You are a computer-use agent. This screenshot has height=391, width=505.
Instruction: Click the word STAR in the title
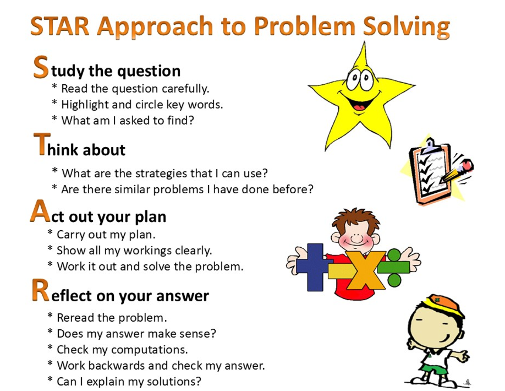pyautogui.click(x=60, y=26)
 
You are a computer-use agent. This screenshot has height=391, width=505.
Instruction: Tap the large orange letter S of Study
pyautogui.click(x=41, y=67)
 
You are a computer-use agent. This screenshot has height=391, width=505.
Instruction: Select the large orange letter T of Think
pyautogui.click(x=42, y=144)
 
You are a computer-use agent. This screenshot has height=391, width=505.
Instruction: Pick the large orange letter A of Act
pyautogui.click(x=40, y=211)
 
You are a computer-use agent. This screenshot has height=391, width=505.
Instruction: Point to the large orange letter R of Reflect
pyautogui.click(x=41, y=290)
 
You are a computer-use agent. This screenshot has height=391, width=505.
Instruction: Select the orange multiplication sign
pyautogui.click(x=365, y=270)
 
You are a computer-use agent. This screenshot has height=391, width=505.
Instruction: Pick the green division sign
pyautogui.click(x=393, y=268)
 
